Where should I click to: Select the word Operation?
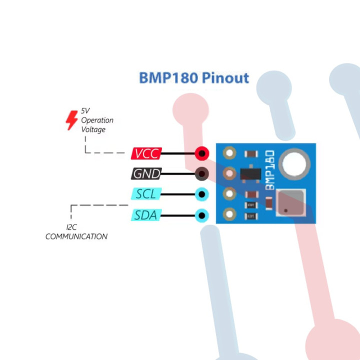pyautogui.click(x=97, y=120)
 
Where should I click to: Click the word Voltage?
pyautogui.click(x=93, y=129)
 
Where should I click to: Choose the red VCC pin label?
pyautogui.click(x=146, y=153)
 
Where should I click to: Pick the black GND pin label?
pyautogui.click(x=146, y=173)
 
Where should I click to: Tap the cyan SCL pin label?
pyautogui.click(x=146, y=194)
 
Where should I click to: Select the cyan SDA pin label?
pyautogui.click(x=146, y=215)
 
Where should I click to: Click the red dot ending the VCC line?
pyautogui.click(x=201, y=153)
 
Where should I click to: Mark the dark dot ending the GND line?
pyautogui.click(x=201, y=173)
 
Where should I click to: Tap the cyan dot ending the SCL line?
pyautogui.click(x=201, y=194)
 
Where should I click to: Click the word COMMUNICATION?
pyautogui.click(x=76, y=236)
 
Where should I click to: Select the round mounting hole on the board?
pyautogui.click(x=294, y=163)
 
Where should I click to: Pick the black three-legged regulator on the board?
pyautogui.click(x=250, y=173)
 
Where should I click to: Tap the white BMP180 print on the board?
pyautogui.click(x=270, y=170)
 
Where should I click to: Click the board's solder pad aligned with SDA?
pyautogui.click(x=229, y=215)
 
